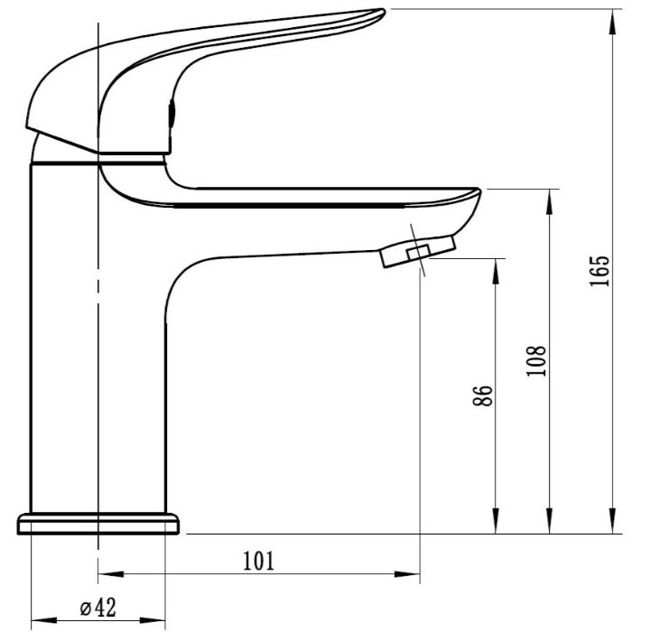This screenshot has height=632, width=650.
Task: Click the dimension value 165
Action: [599, 270]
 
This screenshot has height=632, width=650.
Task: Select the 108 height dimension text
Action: [537, 360]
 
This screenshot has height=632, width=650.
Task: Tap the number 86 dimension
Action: [483, 395]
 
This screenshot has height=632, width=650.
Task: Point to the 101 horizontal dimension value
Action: [258, 561]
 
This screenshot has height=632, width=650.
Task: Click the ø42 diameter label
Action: [97, 608]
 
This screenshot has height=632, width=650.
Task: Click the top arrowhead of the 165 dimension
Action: [613, 20]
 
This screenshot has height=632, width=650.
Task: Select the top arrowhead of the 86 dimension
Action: [496, 270]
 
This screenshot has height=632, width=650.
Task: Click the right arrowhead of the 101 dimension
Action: [408, 574]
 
